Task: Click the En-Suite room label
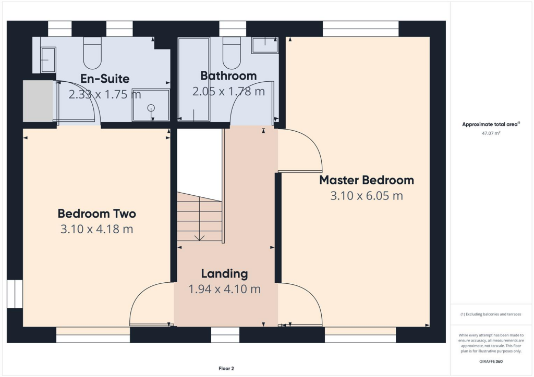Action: click(x=105, y=79)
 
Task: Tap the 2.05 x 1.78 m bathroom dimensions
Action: click(x=228, y=92)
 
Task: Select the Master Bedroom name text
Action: click(x=367, y=180)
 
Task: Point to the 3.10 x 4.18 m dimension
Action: click(x=96, y=229)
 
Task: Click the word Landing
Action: click(x=224, y=273)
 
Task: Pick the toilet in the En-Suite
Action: click(x=92, y=53)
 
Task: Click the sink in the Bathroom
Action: click(x=265, y=45)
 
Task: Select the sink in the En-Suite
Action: click(x=47, y=59)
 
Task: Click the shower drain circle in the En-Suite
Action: click(x=151, y=108)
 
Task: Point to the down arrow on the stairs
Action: click(x=199, y=237)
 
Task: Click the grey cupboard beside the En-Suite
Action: click(x=38, y=101)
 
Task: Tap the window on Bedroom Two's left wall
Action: click(x=15, y=294)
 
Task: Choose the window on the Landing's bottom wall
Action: click(x=225, y=334)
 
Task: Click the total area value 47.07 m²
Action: click(x=490, y=133)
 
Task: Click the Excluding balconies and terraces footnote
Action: click(x=490, y=315)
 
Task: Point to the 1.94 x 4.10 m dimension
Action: click(x=224, y=289)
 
